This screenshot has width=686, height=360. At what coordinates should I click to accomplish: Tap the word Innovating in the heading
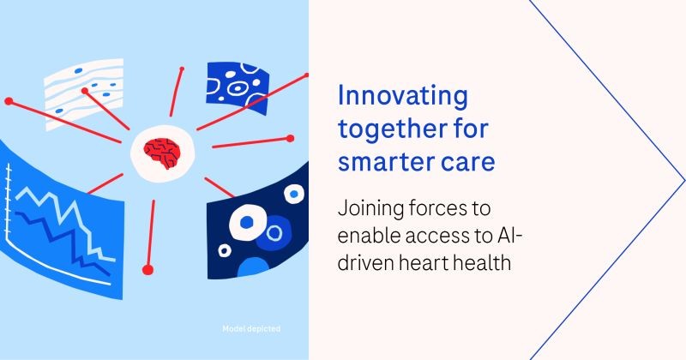pyautogui.click(x=403, y=96)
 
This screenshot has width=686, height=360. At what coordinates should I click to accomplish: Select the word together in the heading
pyautogui.click(x=387, y=129)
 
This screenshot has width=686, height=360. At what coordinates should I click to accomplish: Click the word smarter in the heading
pyautogui.click(x=381, y=161)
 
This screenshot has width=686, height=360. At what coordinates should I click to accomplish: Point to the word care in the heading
pyautogui.click(x=464, y=161)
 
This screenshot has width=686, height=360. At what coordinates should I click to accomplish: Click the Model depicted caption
pyautogui.click(x=250, y=328)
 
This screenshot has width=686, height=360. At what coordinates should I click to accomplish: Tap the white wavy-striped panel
pyautogui.click(x=83, y=93)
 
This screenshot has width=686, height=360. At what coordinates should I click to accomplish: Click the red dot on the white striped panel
pyautogui.click(x=83, y=90)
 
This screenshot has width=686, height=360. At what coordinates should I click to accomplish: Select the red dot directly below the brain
pyautogui.click(x=147, y=270)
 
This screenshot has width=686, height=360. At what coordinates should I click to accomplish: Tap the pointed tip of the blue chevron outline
pyautogui.click(x=683, y=179)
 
